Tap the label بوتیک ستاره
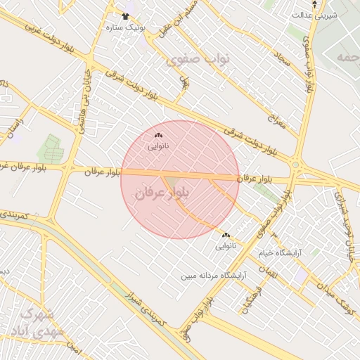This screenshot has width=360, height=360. click(x=125, y=27)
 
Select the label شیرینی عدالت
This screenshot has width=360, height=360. click(x=314, y=14)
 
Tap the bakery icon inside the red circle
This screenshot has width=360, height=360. click(x=158, y=135)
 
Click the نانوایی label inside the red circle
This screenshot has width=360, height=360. click(x=158, y=147)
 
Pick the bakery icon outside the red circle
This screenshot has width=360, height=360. click(x=226, y=235)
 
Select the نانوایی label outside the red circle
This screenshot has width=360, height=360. click(x=226, y=247)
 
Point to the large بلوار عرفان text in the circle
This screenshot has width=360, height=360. click(x=163, y=195)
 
